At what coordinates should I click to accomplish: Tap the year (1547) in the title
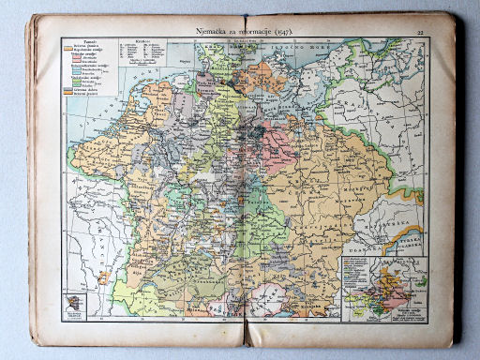point(278,31)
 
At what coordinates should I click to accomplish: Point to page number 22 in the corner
point(420,33)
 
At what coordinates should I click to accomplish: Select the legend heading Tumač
point(86,43)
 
